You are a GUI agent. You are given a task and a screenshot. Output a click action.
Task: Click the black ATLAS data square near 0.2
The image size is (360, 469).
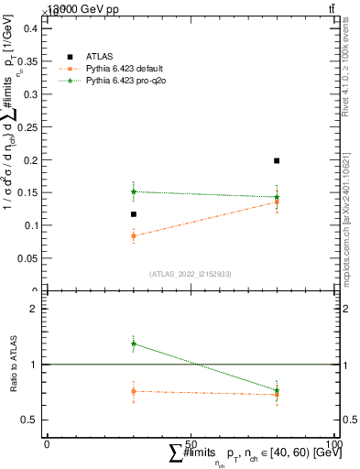coord(277,160)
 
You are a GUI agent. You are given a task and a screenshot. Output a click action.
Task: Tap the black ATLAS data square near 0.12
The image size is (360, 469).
coord(134,214)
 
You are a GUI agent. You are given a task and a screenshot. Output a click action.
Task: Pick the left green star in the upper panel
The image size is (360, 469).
coord(134,191)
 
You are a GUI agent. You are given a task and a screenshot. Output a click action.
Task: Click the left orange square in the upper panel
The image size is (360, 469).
coord(134,235)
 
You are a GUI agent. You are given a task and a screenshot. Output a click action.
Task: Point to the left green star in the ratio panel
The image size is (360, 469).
coord(134,344)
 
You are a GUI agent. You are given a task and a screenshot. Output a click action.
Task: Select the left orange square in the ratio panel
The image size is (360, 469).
coord(134,391)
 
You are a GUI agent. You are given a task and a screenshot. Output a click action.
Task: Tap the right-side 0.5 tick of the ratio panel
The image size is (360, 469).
coord(349,420)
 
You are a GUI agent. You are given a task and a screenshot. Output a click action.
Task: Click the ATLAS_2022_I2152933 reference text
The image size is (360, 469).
coord(190,274)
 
